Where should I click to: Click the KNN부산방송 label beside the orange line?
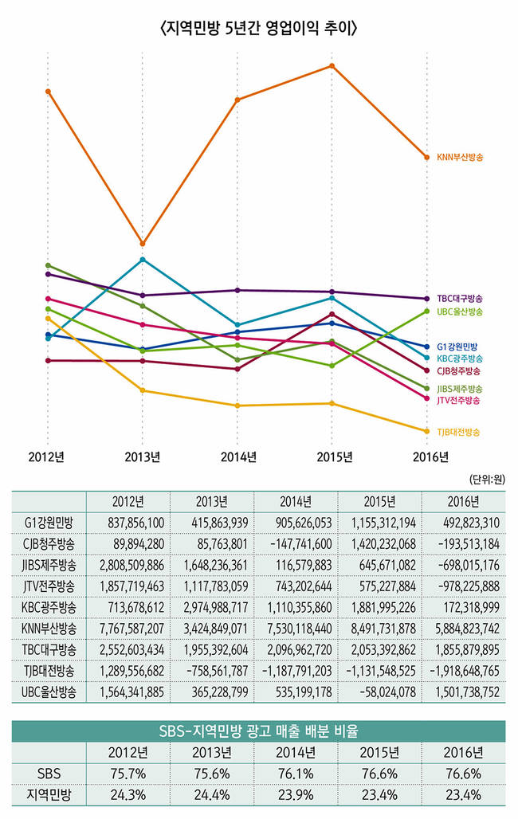coord(461,158)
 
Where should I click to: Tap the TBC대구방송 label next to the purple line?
coord(460,298)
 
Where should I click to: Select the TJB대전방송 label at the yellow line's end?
coord(459,432)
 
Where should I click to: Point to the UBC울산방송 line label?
coord(460,312)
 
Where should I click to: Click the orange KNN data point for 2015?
coord(332,65)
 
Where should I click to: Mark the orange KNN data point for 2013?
coord(143,243)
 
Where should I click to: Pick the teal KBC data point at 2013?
coord(143,260)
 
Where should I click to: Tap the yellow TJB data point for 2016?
coord(426,431)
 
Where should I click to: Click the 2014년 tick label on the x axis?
coord(237,457)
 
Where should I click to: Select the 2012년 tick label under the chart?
coord(47,457)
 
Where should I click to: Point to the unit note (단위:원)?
coord(486,480)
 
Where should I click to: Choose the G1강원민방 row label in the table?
coord(49,523)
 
